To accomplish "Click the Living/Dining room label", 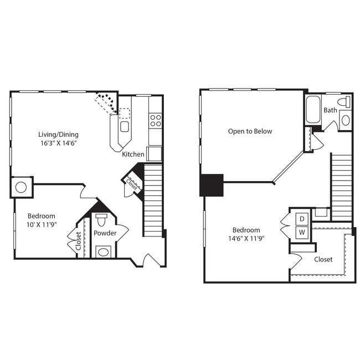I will pyautogui.click(x=58, y=134).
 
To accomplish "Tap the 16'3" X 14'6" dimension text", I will pyautogui.click(x=58, y=143).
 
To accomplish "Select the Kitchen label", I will pyautogui.click(x=133, y=155).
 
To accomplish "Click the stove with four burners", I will pyautogui.click(x=156, y=120).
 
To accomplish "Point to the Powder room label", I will pyautogui.click(x=105, y=233).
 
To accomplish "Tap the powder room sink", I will pyautogui.click(x=103, y=252).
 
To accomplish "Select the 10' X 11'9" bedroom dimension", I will pyautogui.click(x=42, y=225).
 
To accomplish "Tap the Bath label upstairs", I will pyautogui.click(x=330, y=110).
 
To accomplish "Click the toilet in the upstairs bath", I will pyautogui.click(x=344, y=102).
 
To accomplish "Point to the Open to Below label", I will pyautogui.click(x=250, y=131).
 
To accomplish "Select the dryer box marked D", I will pyautogui.click(x=302, y=219).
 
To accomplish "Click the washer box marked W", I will pyautogui.click(x=302, y=232).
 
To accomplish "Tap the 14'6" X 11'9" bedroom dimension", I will pyautogui.click(x=246, y=239).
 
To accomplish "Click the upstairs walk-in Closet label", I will pyautogui.click(x=323, y=259).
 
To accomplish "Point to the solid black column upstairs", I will pyautogui.click(x=211, y=185).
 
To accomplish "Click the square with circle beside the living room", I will pyautogui.click(x=21, y=187).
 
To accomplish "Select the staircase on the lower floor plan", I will pyautogui.click(x=152, y=199).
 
